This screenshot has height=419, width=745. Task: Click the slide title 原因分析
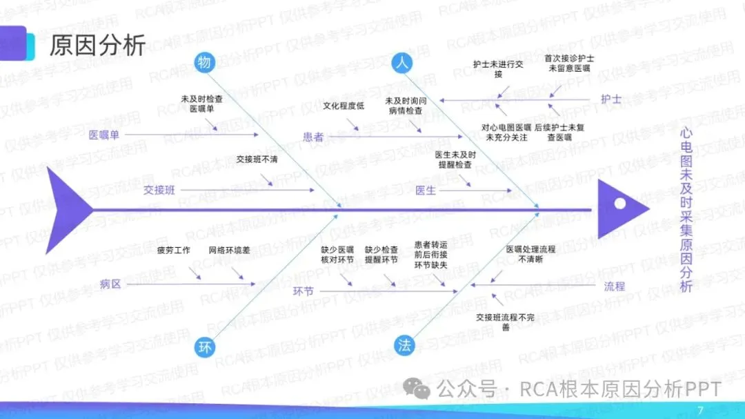[x=97, y=46]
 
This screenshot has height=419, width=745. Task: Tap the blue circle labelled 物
[x=204, y=63]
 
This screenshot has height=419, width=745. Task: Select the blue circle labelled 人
[x=401, y=63]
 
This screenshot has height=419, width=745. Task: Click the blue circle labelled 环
[x=204, y=346]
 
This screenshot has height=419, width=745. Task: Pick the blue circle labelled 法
[x=404, y=346]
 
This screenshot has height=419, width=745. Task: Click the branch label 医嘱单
[x=104, y=135]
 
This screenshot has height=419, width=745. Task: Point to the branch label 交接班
[x=159, y=190]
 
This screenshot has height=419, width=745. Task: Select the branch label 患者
[x=313, y=137]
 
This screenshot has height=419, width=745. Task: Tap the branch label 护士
[x=610, y=99]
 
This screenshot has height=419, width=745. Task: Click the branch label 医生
[x=426, y=190]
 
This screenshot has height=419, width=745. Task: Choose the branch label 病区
[x=110, y=283]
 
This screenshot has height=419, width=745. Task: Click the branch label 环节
[x=304, y=291]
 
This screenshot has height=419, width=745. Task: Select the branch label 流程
[x=614, y=285]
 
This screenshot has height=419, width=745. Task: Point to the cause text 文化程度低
[x=343, y=106]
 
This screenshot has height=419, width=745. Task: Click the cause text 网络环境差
[x=230, y=250]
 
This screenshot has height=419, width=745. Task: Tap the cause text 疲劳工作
[x=173, y=250]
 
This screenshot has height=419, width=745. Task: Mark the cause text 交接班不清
[x=257, y=159]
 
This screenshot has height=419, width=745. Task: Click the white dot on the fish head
[x=620, y=204]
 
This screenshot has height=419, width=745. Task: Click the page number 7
[x=701, y=409]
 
